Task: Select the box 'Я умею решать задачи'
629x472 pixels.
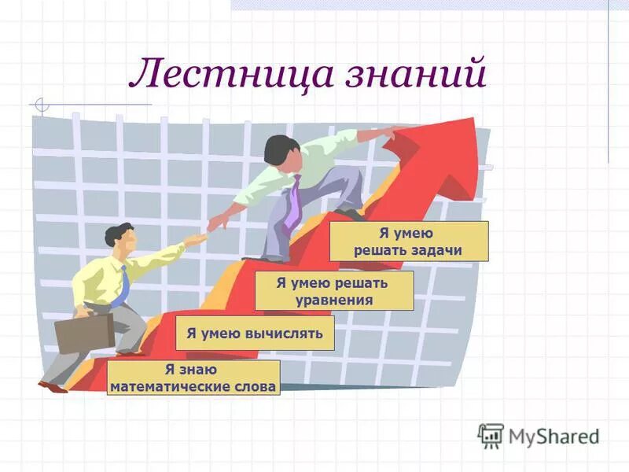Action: [x=408, y=242]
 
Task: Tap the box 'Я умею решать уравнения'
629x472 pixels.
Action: [x=334, y=290]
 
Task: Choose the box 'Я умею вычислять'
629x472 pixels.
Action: [x=255, y=334]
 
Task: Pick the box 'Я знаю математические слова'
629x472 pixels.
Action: [x=193, y=378]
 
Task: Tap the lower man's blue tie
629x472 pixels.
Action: [x=121, y=288]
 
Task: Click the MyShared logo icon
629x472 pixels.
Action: [x=491, y=435]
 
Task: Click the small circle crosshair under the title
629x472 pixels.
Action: [x=42, y=105]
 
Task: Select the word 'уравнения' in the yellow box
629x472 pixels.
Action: [x=334, y=300]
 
